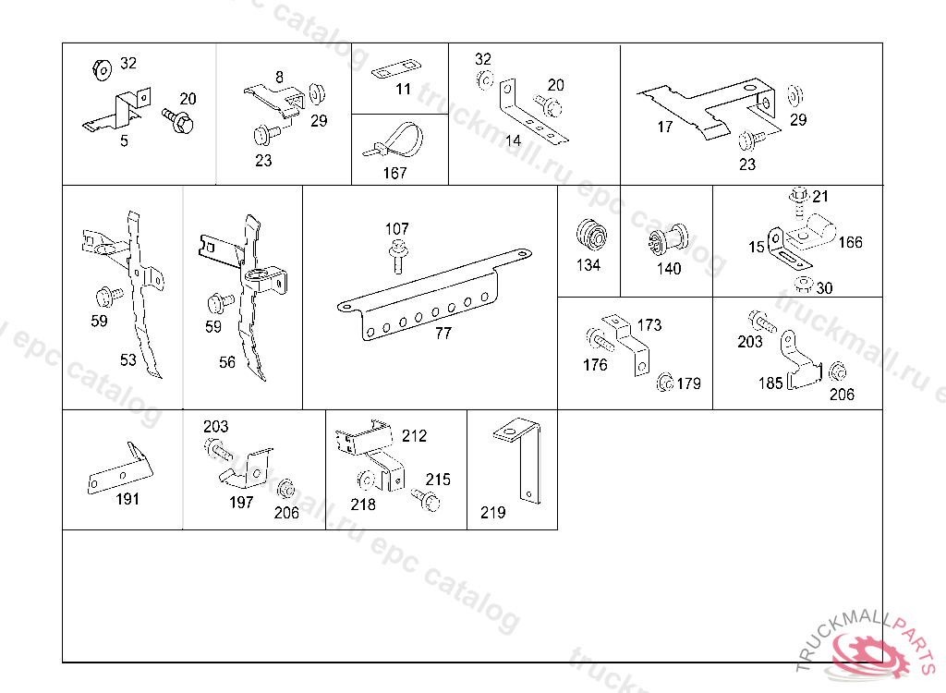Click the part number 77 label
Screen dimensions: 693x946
coord(443,334)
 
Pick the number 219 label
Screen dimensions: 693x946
coord(493,512)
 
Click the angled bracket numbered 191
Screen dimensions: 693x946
coord(120,471)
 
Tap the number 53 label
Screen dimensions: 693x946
coord(127,360)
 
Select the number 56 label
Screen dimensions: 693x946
coord(227,363)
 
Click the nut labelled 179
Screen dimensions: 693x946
coord(664,383)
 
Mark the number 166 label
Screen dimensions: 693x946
coord(850,242)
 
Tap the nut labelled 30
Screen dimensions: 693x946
coord(802,283)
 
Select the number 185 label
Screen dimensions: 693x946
coord(770,383)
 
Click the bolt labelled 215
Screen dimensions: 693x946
coord(431,500)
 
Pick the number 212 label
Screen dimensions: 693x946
coord(415,435)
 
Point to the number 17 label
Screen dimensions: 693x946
coord(665,128)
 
